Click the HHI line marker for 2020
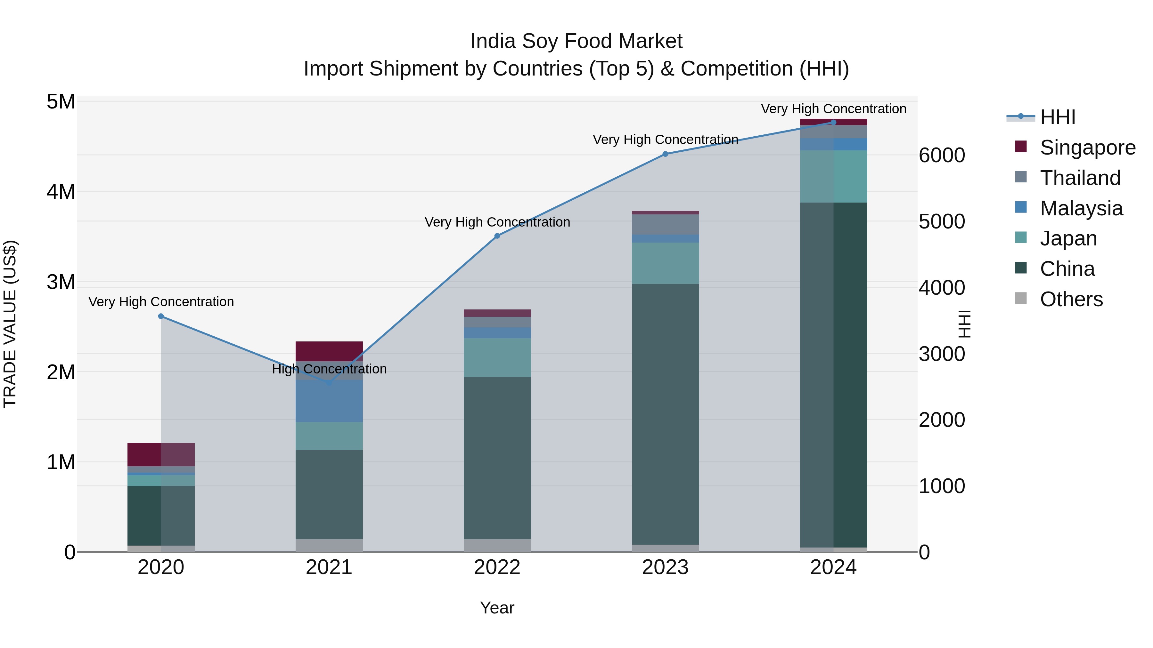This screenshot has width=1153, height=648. pos(161,316)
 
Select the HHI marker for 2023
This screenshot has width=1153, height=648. pos(665,154)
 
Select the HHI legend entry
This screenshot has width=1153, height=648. pos(1057,117)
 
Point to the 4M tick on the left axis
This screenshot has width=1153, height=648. pos(61,192)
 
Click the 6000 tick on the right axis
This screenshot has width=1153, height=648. pos(942,156)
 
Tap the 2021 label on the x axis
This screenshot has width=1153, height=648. pos(329,567)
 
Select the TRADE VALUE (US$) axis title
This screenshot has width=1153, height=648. pos(10,324)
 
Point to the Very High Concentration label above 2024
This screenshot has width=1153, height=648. pos(833,109)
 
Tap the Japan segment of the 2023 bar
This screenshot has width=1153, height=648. pos(665,263)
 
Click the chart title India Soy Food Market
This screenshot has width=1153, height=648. pos(576,41)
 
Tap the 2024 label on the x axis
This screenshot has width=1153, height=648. pos(833,567)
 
